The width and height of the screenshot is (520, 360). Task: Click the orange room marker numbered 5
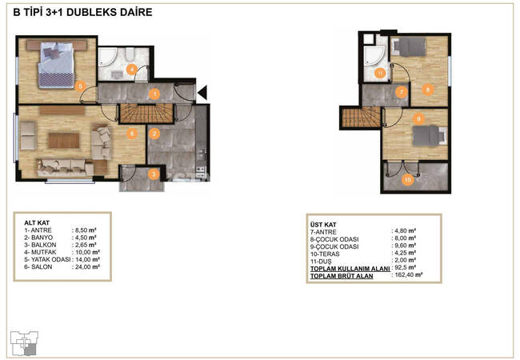(80, 87)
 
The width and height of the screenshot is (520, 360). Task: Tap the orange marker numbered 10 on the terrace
(407, 180)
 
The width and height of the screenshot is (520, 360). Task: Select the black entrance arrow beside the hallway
(202, 93)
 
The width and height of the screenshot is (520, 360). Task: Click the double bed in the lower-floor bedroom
(56, 66)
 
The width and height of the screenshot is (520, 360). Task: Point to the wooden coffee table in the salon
(64, 140)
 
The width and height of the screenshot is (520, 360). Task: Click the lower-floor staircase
(146, 114)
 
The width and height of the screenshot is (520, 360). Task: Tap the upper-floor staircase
(361, 118)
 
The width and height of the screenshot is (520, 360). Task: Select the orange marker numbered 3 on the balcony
(154, 174)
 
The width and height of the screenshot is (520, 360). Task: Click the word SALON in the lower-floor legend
(42, 267)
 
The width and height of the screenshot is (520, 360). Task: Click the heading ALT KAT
(37, 222)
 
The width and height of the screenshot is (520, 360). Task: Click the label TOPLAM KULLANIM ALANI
(350, 269)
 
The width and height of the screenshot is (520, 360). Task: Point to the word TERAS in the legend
(330, 254)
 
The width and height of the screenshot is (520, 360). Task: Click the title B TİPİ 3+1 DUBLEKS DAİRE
(82, 12)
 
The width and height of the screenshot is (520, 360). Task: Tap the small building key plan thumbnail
(24, 343)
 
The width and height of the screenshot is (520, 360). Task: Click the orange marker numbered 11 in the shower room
(380, 73)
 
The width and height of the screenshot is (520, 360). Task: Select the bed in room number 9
(430, 136)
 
